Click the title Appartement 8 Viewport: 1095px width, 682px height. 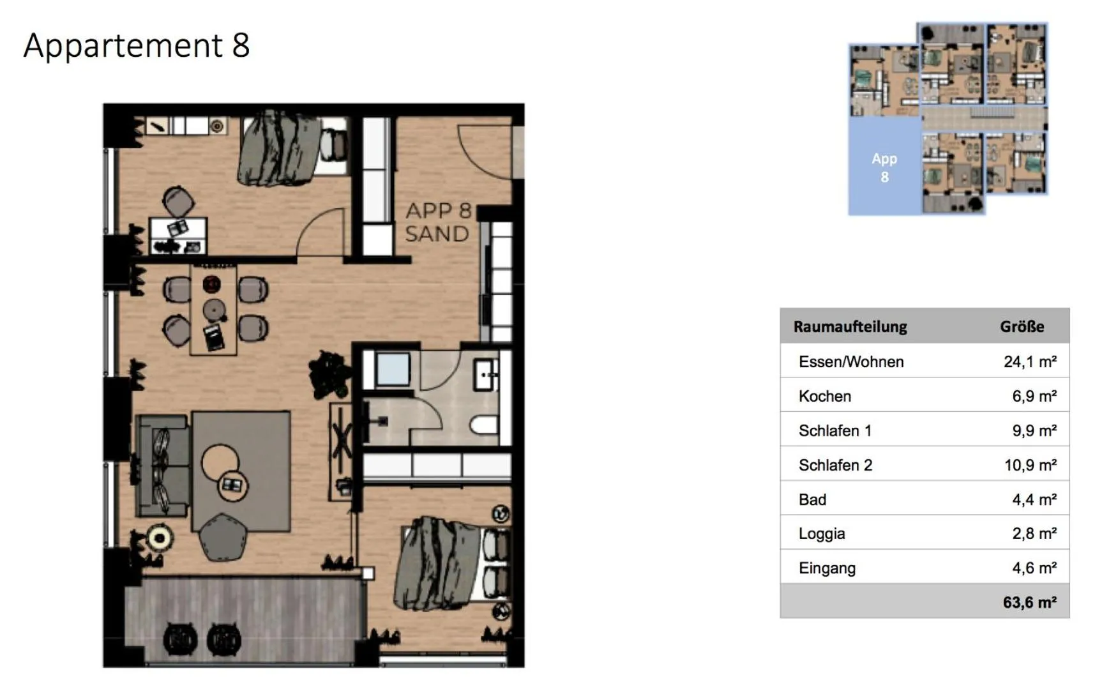137,45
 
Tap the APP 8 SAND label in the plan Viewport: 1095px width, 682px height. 437,222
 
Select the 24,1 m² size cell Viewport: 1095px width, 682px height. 1029,361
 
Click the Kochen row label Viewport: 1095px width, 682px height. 824,396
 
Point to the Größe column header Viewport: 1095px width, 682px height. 1022,326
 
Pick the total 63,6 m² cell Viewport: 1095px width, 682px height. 1029,602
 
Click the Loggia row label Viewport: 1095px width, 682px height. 821,533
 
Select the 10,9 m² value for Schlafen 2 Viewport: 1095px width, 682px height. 1029,465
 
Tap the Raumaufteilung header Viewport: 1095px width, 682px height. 850,326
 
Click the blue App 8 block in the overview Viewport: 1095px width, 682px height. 884,167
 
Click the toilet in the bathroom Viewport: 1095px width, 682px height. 485,425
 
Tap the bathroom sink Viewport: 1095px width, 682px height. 487,374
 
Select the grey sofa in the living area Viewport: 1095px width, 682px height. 162,466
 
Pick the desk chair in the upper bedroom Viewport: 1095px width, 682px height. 178,201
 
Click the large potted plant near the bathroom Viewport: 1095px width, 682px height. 330,375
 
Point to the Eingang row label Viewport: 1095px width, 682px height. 826,568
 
